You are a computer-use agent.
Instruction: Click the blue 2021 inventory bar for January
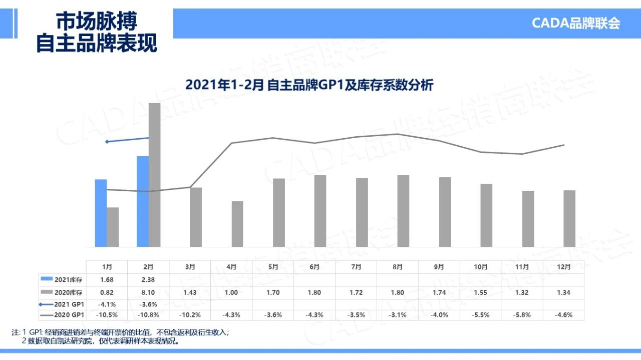click(101, 213)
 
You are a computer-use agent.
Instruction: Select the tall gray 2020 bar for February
click(154, 175)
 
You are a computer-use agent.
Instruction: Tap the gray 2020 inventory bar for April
click(237, 224)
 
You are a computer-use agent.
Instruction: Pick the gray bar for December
click(569, 218)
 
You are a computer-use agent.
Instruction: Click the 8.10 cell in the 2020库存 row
click(148, 292)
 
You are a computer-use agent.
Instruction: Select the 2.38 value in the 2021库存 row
click(148, 279)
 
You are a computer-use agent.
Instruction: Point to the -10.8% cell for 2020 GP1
click(148, 315)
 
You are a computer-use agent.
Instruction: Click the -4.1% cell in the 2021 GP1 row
click(107, 304)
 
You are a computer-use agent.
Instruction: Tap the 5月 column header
click(273, 267)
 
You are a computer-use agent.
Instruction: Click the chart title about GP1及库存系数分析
click(309, 85)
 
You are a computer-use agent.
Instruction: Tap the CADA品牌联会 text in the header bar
click(576, 24)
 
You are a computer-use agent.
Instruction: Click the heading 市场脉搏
click(96, 22)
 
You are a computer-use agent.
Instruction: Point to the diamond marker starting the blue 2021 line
click(107, 142)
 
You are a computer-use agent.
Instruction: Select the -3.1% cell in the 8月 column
click(398, 315)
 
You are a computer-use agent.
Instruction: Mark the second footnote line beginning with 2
click(100, 341)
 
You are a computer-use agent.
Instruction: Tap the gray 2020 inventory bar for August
click(403, 211)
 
